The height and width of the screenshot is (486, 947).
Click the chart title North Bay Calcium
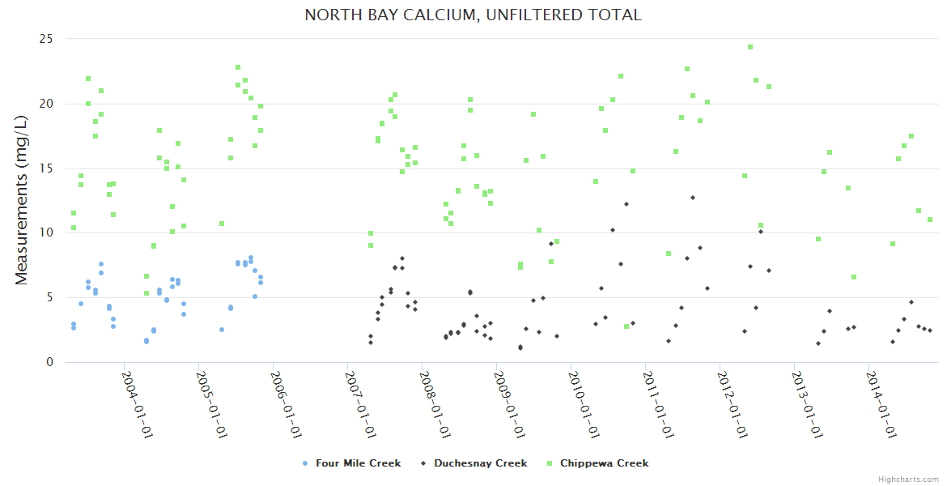(x=473, y=15)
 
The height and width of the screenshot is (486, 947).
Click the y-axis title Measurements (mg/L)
(x=22, y=201)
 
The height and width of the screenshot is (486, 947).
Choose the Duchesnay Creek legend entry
(x=473, y=463)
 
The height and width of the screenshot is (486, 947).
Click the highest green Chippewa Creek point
(x=750, y=47)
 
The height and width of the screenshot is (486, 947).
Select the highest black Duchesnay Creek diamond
(x=693, y=198)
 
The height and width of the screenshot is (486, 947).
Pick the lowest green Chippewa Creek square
(x=626, y=326)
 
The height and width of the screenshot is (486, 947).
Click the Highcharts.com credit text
(x=908, y=480)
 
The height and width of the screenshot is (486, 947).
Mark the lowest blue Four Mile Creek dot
(x=147, y=342)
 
